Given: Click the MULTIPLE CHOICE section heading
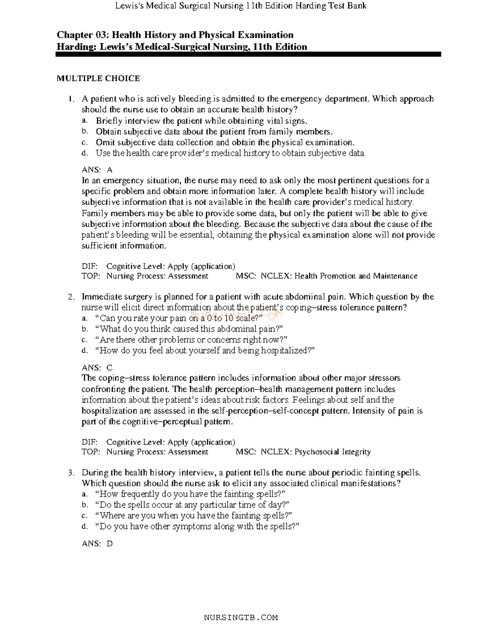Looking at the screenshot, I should (98, 78).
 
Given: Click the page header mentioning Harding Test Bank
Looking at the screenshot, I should (241, 6).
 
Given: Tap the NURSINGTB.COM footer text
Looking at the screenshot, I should (241, 617).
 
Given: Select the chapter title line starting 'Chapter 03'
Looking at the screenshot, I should (175, 35).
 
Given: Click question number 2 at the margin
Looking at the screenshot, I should (71, 297).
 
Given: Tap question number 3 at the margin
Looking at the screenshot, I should (71, 473).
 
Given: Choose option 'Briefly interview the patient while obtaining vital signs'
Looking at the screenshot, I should (201, 121).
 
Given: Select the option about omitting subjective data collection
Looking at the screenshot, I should (225, 143).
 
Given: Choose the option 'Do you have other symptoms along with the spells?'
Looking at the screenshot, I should (197, 526).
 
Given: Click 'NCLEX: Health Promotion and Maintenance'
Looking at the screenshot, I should (339, 276).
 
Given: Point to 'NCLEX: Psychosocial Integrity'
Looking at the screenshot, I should (316, 452).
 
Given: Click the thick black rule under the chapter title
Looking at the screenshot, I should (248, 54).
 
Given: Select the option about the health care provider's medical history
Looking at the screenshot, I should (231, 153).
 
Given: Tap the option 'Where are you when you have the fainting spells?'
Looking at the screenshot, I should (193, 516).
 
